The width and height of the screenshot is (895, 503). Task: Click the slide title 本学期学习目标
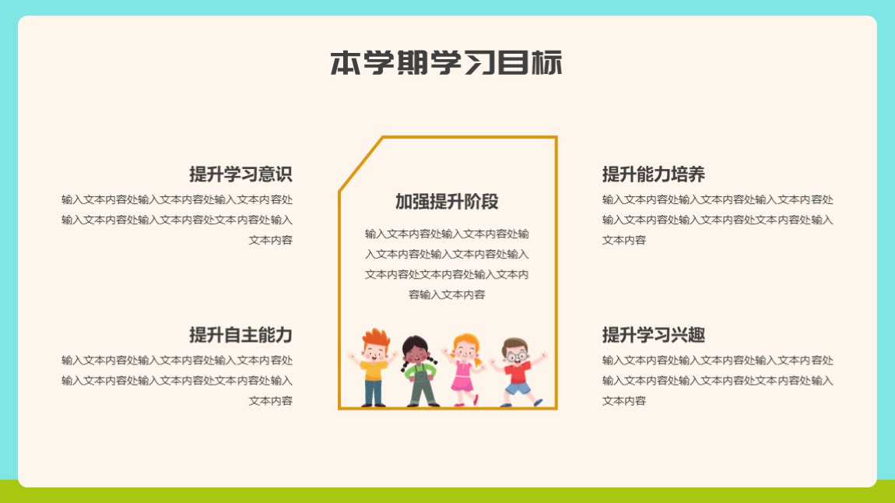point(447,63)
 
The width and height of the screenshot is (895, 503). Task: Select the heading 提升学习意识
point(241,174)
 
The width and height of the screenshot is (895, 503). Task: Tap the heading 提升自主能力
point(241,335)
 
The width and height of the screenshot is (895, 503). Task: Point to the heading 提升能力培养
point(654,174)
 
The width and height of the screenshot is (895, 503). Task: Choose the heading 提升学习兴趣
point(654,335)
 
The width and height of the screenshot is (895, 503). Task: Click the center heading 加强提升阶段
point(447,202)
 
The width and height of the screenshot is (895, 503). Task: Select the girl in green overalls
point(419,371)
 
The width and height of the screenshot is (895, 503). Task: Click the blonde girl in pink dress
point(464,369)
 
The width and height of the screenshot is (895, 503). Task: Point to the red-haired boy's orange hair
point(376,337)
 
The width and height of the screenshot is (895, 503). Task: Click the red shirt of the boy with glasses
point(518,373)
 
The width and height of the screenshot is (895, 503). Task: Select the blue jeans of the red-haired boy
point(374,392)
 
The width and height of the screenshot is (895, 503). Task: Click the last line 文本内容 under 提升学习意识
point(271,241)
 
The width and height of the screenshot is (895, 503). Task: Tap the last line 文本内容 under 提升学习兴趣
point(624,401)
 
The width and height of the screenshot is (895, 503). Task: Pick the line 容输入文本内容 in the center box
point(447,294)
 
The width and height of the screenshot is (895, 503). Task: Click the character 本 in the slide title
point(346,63)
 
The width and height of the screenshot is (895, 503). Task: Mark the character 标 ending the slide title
point(547,63)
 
